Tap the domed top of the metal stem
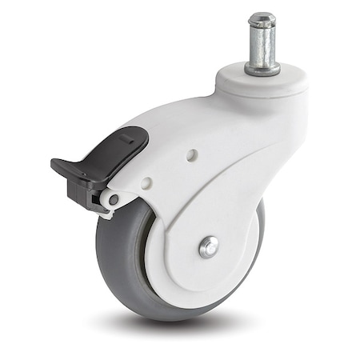(x=262, y=16)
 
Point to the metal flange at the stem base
(x=262, y=70)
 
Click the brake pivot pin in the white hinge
(x=114, y=199)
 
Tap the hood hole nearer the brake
(x=146, y=182)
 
